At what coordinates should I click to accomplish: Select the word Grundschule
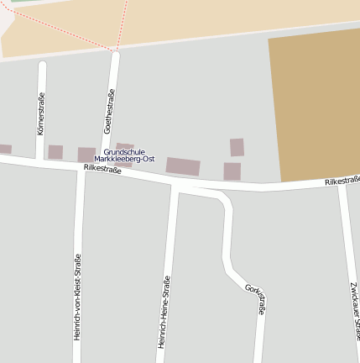124,152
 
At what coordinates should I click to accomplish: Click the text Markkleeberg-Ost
124,159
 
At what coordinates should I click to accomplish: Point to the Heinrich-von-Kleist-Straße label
78,296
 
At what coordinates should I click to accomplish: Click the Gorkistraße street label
256,300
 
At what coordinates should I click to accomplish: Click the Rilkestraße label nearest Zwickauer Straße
342,181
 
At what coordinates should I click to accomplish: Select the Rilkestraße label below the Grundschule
102,169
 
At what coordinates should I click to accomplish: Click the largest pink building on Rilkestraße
183,166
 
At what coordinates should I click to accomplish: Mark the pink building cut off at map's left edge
5,149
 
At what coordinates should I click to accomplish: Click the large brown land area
315,105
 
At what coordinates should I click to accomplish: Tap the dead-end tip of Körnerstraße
42,65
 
